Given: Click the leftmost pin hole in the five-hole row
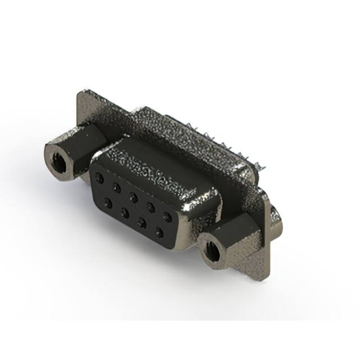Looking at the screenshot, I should [100, 177].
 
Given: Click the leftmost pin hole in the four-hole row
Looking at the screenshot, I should [109, 202].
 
